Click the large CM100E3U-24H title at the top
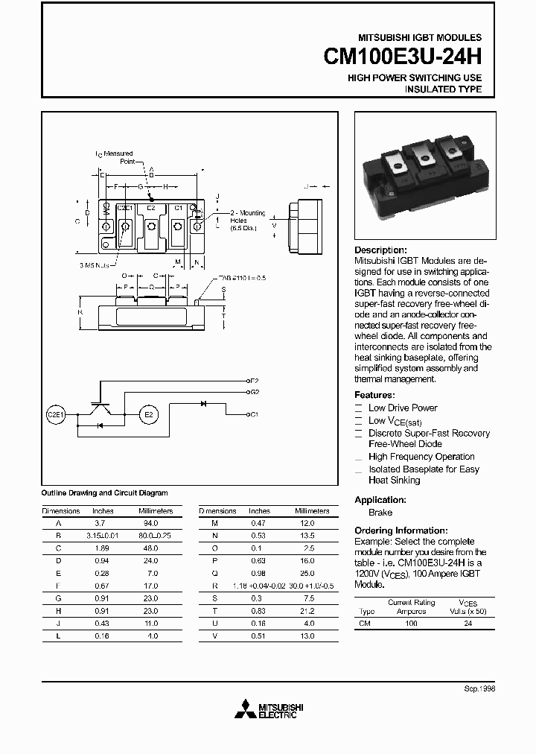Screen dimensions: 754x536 click(x=403, y=57)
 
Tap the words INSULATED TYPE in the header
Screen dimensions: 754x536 click(x=443, y=89)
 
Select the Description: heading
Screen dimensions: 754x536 click(x=380, y=250)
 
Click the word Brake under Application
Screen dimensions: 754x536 click(x=380, y=513)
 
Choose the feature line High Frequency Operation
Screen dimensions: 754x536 click(x=421, y=457)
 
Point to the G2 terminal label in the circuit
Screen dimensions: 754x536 click(x=254, y=391)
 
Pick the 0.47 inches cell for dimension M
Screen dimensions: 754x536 click(x=259, y=523)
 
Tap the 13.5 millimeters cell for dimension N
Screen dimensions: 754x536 click(x=306, y=535)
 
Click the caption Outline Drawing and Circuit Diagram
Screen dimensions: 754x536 click(x=104, y=492)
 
